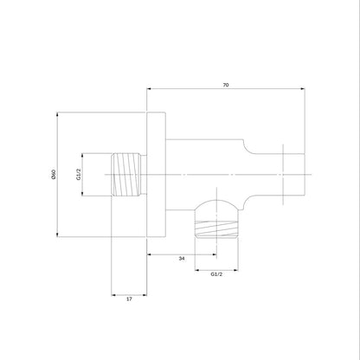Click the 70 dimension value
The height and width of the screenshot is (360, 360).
(x=226, y=85)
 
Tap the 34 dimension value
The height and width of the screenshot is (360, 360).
(x=182, y=259)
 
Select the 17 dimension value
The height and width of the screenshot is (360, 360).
(x=129, y=299)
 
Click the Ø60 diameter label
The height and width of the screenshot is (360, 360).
(x=53, y=175)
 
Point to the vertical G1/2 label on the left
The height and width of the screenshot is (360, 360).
(x=79, y=175)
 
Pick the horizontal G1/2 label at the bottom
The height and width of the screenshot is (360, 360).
(x=216, y=274)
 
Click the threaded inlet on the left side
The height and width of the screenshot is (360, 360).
(x=127, y=175)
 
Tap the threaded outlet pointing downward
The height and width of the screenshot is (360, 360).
(x=216, y=229)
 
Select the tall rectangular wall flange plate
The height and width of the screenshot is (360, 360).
(x=156, y=175)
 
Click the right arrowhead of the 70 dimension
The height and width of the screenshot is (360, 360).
(x=303, y=89)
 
